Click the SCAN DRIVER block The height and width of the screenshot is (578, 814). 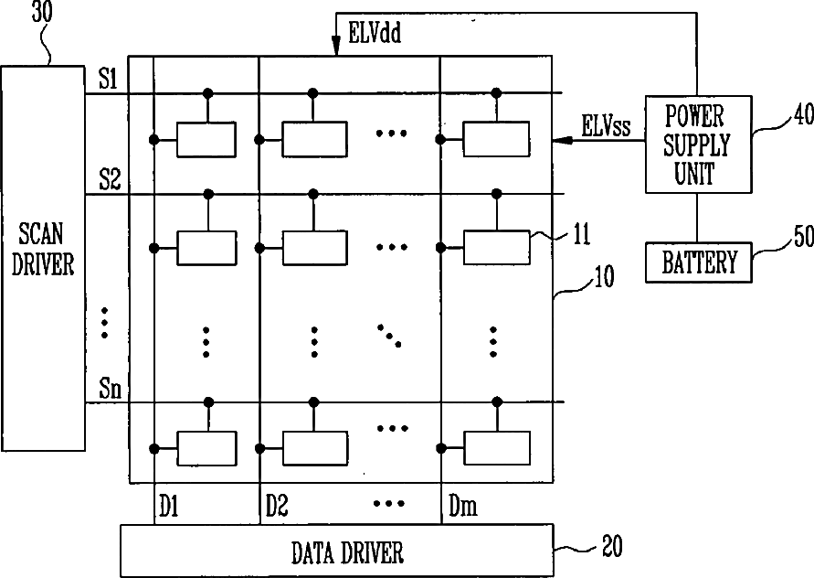tap(43, 258)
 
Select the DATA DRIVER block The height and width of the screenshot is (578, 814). tap(337, 551)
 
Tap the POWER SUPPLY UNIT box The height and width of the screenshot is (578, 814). tap(698, 144)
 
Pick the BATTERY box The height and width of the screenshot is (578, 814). tap(699, 262)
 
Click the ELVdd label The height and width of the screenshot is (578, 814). tap(375, 33)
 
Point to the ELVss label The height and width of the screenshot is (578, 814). tap(606, 126)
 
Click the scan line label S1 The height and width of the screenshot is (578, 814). tap(109, 80)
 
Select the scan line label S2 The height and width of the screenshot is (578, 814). tap(110, 180)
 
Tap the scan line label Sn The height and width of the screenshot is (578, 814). tap(110, 388)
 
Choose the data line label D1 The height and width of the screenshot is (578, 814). tap(169, 506)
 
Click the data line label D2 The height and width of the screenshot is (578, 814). tap(277, 506)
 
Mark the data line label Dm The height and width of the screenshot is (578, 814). tap(462, 506)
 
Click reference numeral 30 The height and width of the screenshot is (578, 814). tap(42, 13)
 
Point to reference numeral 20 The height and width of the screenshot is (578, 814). tap(612, 546)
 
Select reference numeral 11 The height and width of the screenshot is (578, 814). tap(581, 234)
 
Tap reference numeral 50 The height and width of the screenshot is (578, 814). tap(804, 237)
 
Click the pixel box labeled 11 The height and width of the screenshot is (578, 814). tap(497, 248)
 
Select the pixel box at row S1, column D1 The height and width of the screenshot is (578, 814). tap(206, 139)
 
